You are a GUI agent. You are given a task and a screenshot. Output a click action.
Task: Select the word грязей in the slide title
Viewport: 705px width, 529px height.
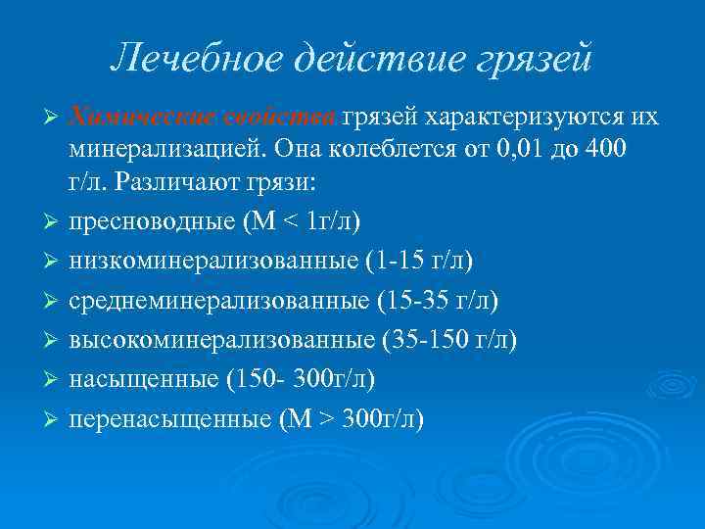click(534, 61)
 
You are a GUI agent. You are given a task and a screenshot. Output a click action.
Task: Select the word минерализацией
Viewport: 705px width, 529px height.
click(166, 151)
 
